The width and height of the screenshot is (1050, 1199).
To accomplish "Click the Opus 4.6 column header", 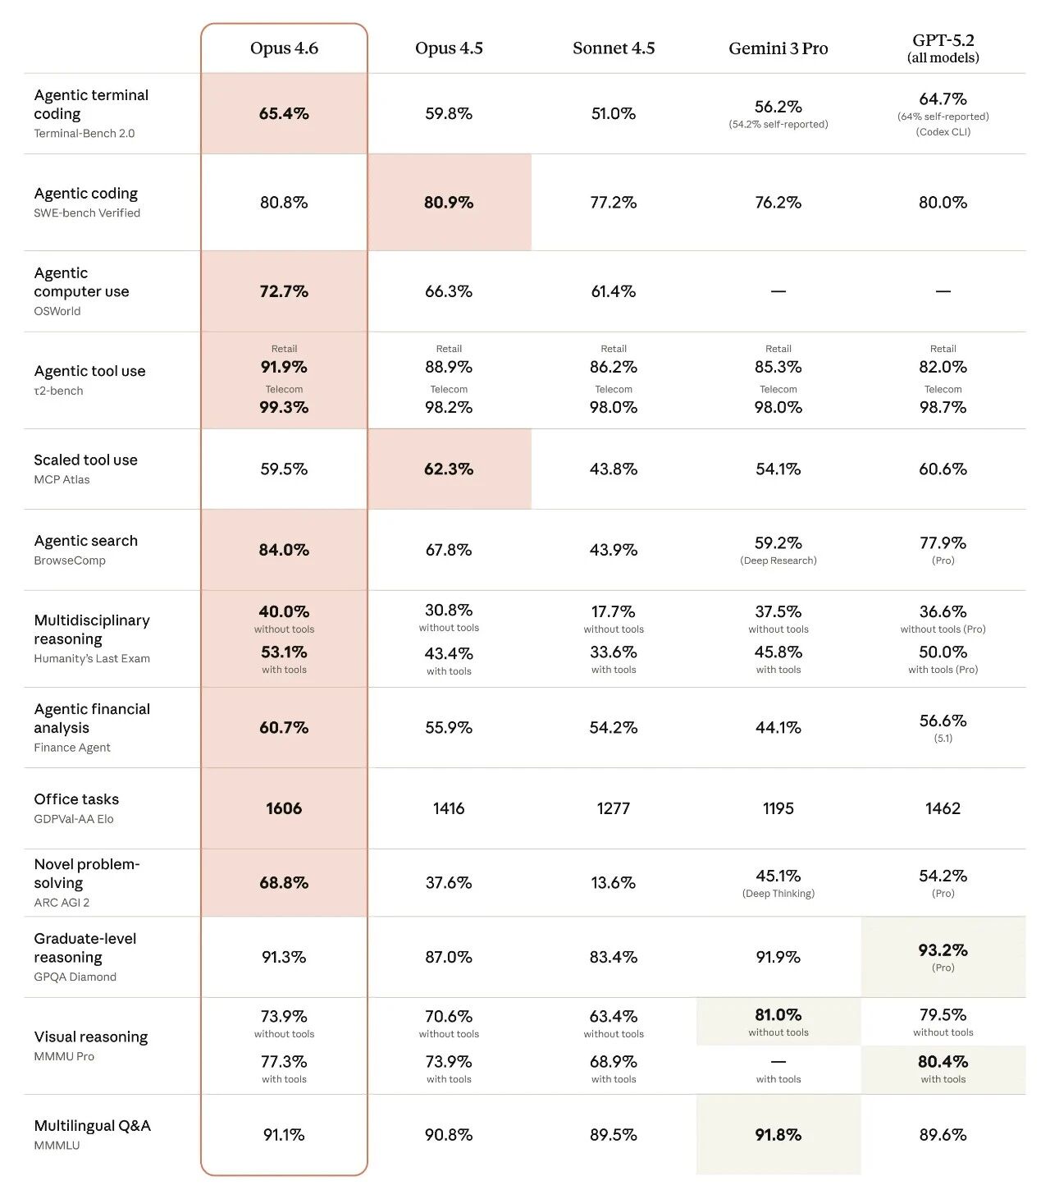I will coord(284,48).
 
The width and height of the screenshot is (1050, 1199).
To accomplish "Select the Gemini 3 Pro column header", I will coord(778,48).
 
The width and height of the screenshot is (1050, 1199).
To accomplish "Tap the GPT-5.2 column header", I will coord(943,48).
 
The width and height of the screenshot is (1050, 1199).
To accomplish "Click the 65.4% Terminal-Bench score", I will coord(284,114).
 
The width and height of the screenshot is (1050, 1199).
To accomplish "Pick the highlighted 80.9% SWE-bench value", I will coord(449,203).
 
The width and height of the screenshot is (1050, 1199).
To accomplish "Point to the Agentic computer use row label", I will coord(81,282).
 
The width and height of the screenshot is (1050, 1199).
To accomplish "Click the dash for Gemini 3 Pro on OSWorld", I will coord(778,291).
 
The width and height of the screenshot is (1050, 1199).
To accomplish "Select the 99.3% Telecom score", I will coord(284,408).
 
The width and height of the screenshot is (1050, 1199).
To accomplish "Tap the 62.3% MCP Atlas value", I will coord(449,469).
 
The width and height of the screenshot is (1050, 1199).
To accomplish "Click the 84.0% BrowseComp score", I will coord(284,550).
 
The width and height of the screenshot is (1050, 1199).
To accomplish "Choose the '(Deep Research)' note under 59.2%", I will coord(778,561).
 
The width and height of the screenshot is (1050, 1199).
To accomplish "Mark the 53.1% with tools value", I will coord(284,652).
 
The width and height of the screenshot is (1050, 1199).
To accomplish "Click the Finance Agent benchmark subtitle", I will coord(72,748).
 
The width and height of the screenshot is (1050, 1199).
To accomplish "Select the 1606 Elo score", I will coord(284,808).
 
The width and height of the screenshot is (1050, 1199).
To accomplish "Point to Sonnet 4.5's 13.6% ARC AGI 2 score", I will coord(613,883).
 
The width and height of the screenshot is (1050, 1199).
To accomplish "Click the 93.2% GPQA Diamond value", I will coord(943,950).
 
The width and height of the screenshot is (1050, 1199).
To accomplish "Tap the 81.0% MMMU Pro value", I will coord(778,1015).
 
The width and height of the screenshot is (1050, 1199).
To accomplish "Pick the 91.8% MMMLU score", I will coord(778,1135).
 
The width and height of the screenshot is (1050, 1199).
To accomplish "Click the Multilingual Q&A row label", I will coord(92,1126).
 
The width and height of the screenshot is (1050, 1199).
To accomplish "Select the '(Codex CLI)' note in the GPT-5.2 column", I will coord(943,132).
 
